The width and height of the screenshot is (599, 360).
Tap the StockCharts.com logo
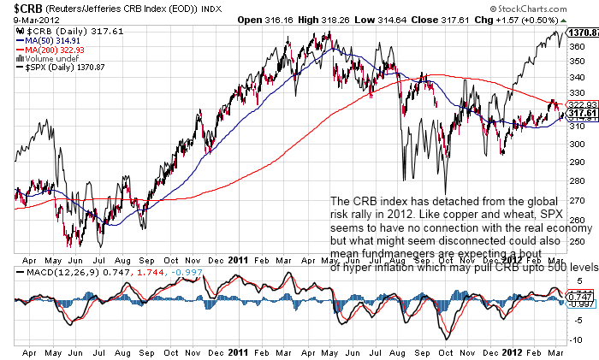pos(561,8)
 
